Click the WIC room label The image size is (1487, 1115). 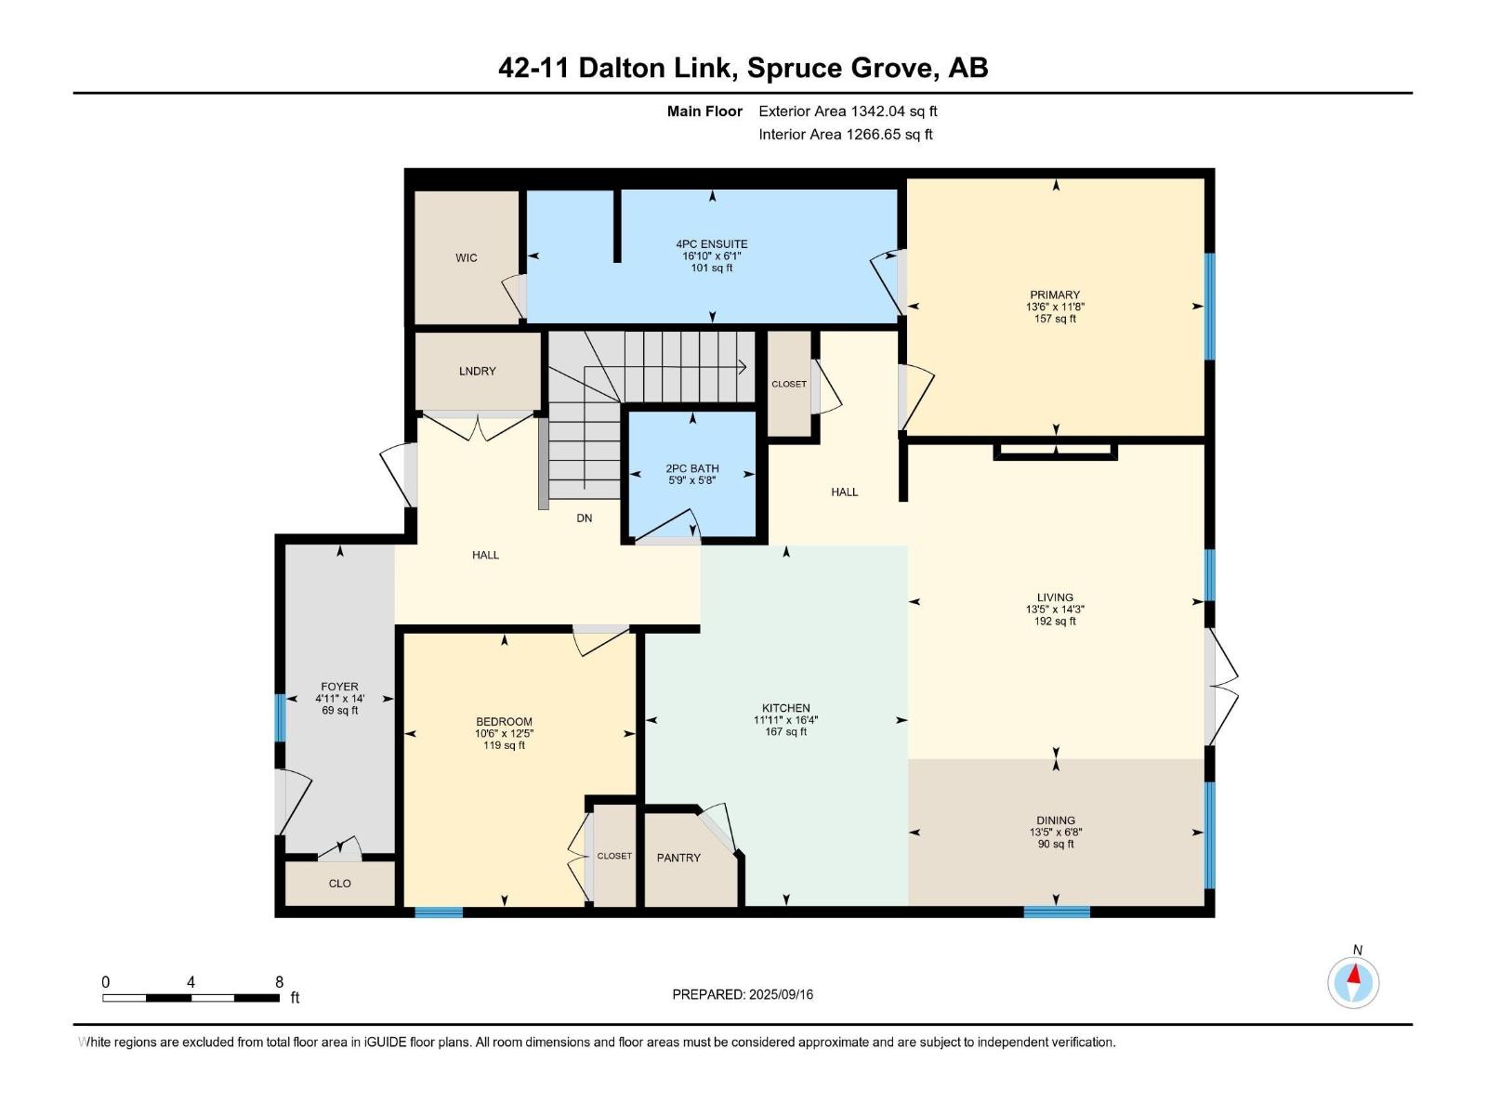(x=467, y=258)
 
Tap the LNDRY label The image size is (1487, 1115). (x=477, y=371)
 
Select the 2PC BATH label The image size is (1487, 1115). (x=692, y=469)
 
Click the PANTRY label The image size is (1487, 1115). (x=678, y=858)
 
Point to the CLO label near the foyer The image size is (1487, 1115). (x=340, y=884)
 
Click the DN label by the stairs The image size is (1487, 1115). (x=584, y=518)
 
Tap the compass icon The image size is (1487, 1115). (x=1354, y=982)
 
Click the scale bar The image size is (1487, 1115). (x=191, y=998)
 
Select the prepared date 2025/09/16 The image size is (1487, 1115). (x=780, y=994)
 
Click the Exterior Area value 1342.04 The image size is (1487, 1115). (x=878, y=111)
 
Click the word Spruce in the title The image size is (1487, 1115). (x=791, y=68)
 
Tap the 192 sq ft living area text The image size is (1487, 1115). (x=1055, y=622)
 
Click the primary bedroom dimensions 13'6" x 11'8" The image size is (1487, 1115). (x=1055, y=307)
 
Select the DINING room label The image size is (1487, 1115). (x=1056, y=820)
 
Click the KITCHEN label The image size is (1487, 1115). (x=786, y=708)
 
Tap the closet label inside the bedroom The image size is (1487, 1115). (x=614, y=856)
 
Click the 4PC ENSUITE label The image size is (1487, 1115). (x=712, y=244)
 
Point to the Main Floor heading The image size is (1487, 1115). (x=704, y=111)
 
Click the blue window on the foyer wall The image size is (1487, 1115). (x=280, y=718)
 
